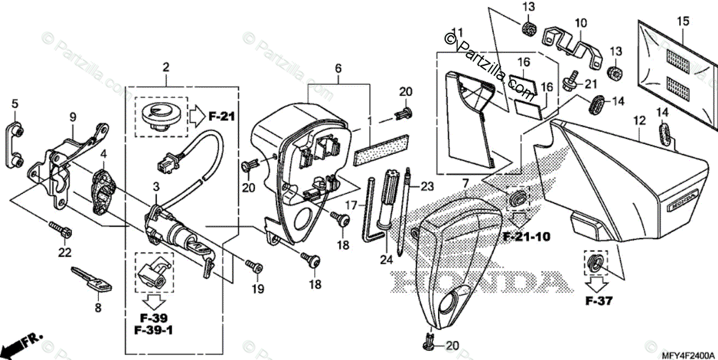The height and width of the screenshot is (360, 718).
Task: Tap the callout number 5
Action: click(16, 103)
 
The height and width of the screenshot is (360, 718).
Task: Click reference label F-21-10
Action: click(526, 236)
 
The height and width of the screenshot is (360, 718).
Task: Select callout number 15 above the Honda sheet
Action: click(683, 22)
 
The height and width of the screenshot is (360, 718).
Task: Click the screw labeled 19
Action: click(253, 265)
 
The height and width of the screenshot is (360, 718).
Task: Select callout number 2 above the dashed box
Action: click(166, 66)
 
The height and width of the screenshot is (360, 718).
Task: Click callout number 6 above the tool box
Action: click(338, 69)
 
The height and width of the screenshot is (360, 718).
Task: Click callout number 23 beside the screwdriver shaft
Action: click(426, 185)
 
